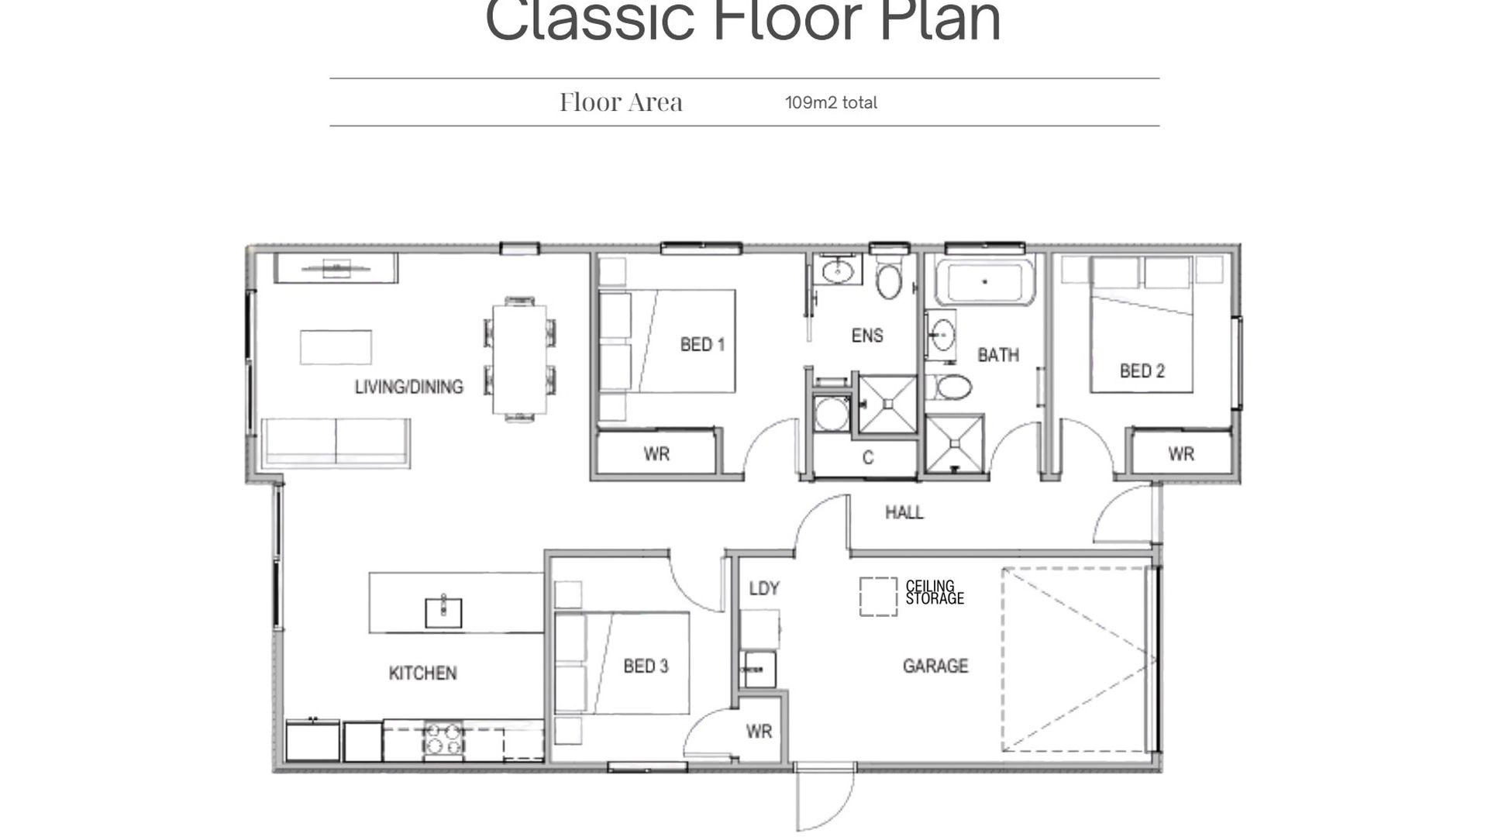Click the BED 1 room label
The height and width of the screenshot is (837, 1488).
click(702, 344)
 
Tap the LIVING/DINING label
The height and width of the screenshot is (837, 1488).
click(409, 387)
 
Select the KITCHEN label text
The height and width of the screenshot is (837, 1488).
click(422, 673)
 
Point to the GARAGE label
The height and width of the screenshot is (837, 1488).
click(935, 666)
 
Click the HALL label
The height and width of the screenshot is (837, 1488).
click(904, 512)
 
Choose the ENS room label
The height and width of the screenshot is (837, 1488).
click(867, 336)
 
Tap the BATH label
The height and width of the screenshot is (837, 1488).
click(998, 355)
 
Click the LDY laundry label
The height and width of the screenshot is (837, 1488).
click(764, 588)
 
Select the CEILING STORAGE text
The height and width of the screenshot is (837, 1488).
click(935, 592)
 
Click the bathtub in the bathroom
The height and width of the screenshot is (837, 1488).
click(984, 281)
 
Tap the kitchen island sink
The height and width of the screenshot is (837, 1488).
click(443, 612)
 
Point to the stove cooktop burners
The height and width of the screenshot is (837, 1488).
click(444, 739)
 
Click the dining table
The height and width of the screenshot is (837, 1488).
click(519, 359)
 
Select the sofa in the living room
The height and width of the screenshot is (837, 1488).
click(336, 443)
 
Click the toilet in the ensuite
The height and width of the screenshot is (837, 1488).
click(889, 279)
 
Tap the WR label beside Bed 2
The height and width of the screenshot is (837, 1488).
click(1181, 454)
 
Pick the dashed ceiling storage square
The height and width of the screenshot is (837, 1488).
click(878, 597)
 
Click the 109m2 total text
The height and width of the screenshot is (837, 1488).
click(831, 102)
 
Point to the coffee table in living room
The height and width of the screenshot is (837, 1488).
click(336, 346)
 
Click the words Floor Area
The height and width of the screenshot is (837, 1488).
click(621, 102)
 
